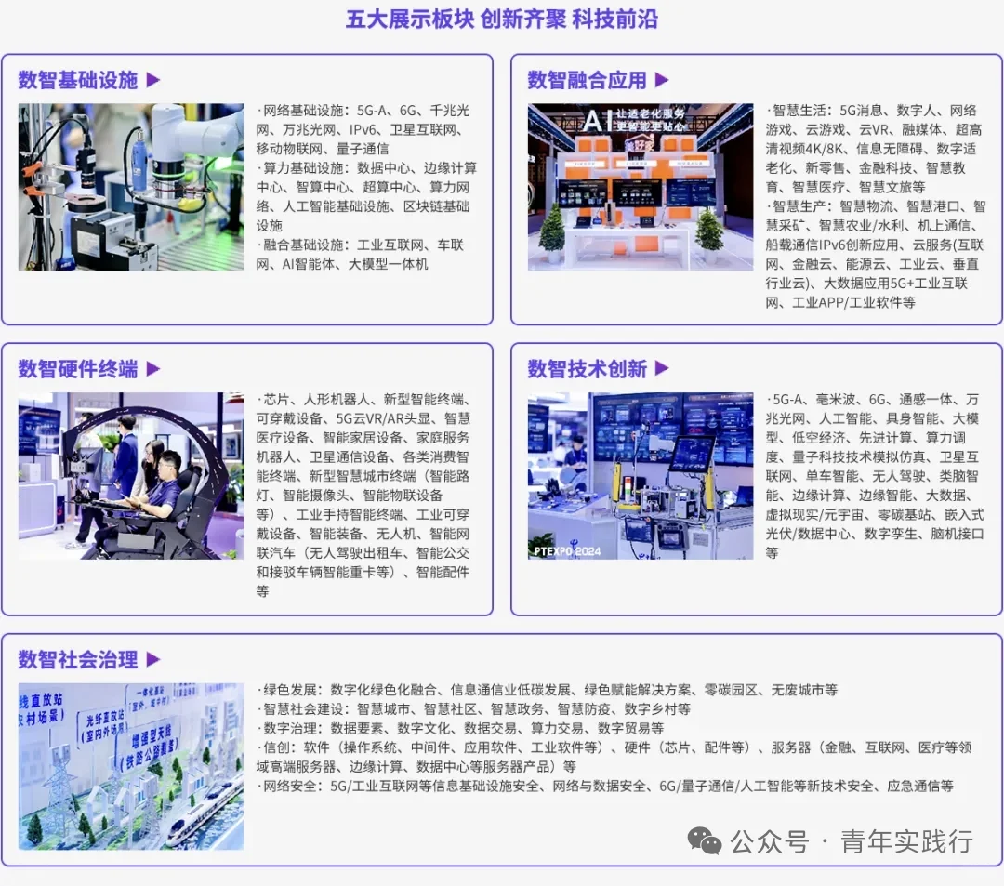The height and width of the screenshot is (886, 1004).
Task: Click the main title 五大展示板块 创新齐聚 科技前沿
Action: (501, 20)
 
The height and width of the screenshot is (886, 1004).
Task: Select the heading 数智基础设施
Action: (78, 80)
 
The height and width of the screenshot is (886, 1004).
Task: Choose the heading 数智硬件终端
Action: (78, 369)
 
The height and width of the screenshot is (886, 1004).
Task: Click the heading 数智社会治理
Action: (78, 659)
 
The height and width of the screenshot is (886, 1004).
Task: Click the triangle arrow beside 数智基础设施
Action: (153, 80)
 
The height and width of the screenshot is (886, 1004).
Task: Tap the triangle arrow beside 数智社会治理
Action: (153, 659)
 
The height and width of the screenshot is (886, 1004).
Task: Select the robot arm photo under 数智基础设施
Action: (131, 187)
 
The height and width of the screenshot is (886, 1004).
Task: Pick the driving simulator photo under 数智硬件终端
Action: (131, 476)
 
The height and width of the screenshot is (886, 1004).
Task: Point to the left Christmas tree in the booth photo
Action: (552, 229)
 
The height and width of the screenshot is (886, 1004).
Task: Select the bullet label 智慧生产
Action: (799, 206)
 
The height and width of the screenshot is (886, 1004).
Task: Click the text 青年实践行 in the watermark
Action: (906, 841)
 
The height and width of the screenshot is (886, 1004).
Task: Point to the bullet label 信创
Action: (277, 747)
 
